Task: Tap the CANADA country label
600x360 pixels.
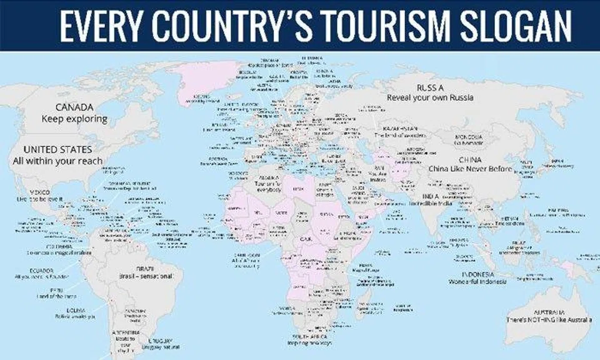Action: (74, 107)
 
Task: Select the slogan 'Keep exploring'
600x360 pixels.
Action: (74, 119)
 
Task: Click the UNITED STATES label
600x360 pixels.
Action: (57, 150)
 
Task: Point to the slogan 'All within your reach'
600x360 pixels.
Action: (57, 161)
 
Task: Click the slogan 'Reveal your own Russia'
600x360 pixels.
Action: (430, 98)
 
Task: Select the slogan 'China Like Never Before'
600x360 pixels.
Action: (470, 169)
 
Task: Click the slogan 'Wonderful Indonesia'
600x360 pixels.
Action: (477, 282)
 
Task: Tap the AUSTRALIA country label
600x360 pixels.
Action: (549, 312)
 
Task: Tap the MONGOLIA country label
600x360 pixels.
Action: (468, 137)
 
